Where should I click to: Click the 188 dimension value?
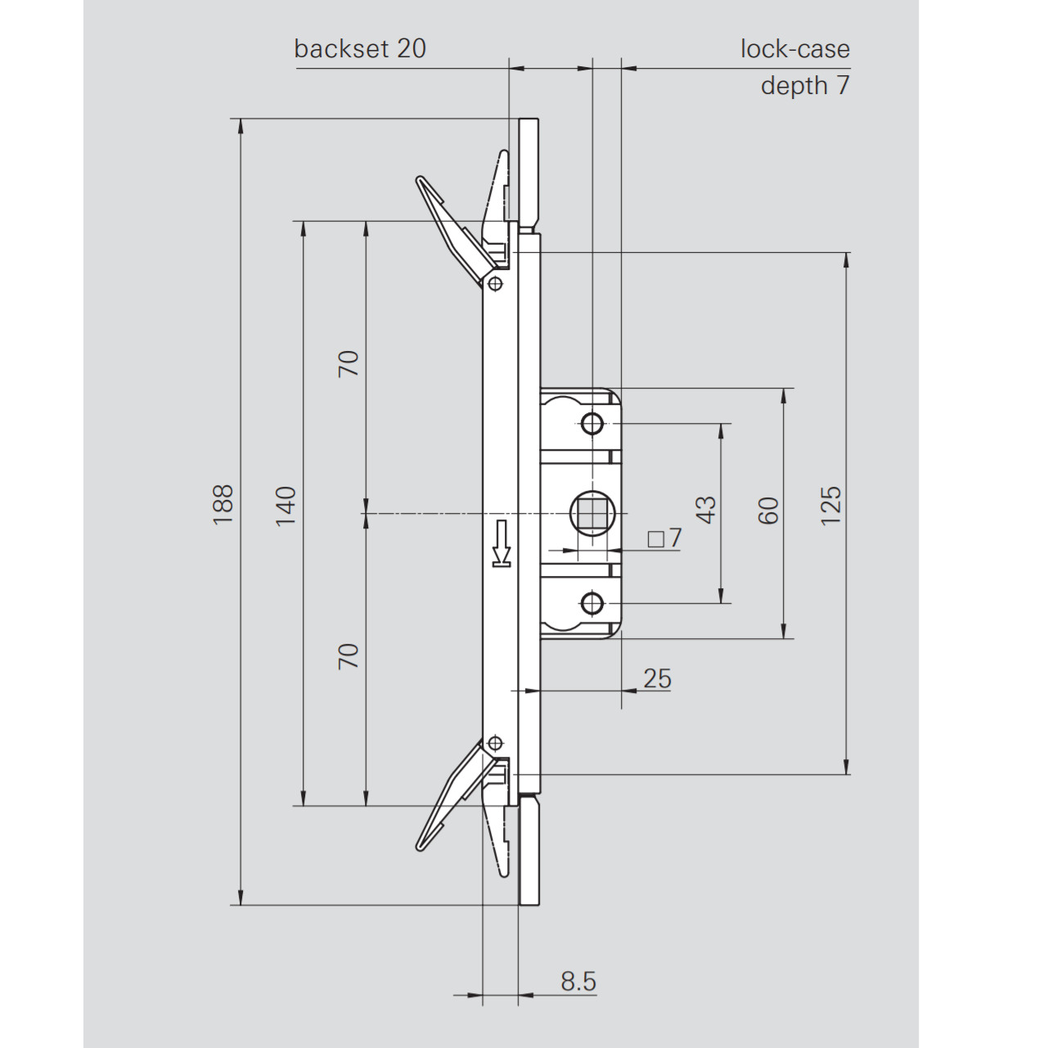223,504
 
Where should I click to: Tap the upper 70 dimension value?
349,364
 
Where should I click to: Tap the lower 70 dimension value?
349,656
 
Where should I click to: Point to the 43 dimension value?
706,510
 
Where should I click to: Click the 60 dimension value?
768,511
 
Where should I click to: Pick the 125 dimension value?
830,506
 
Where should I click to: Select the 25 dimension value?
658,679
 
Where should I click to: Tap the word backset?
341,49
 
